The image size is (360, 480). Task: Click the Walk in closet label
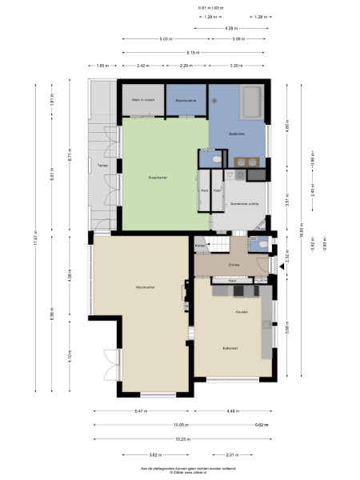point(142,100)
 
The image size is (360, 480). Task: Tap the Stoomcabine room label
point(186,100)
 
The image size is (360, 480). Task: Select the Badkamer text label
point(237,133)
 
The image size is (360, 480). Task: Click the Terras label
point(102,166)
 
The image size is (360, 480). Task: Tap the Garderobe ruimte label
point(244,205)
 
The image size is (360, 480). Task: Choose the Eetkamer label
point(231,348)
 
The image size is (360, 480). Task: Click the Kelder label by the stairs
point(201,244)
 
